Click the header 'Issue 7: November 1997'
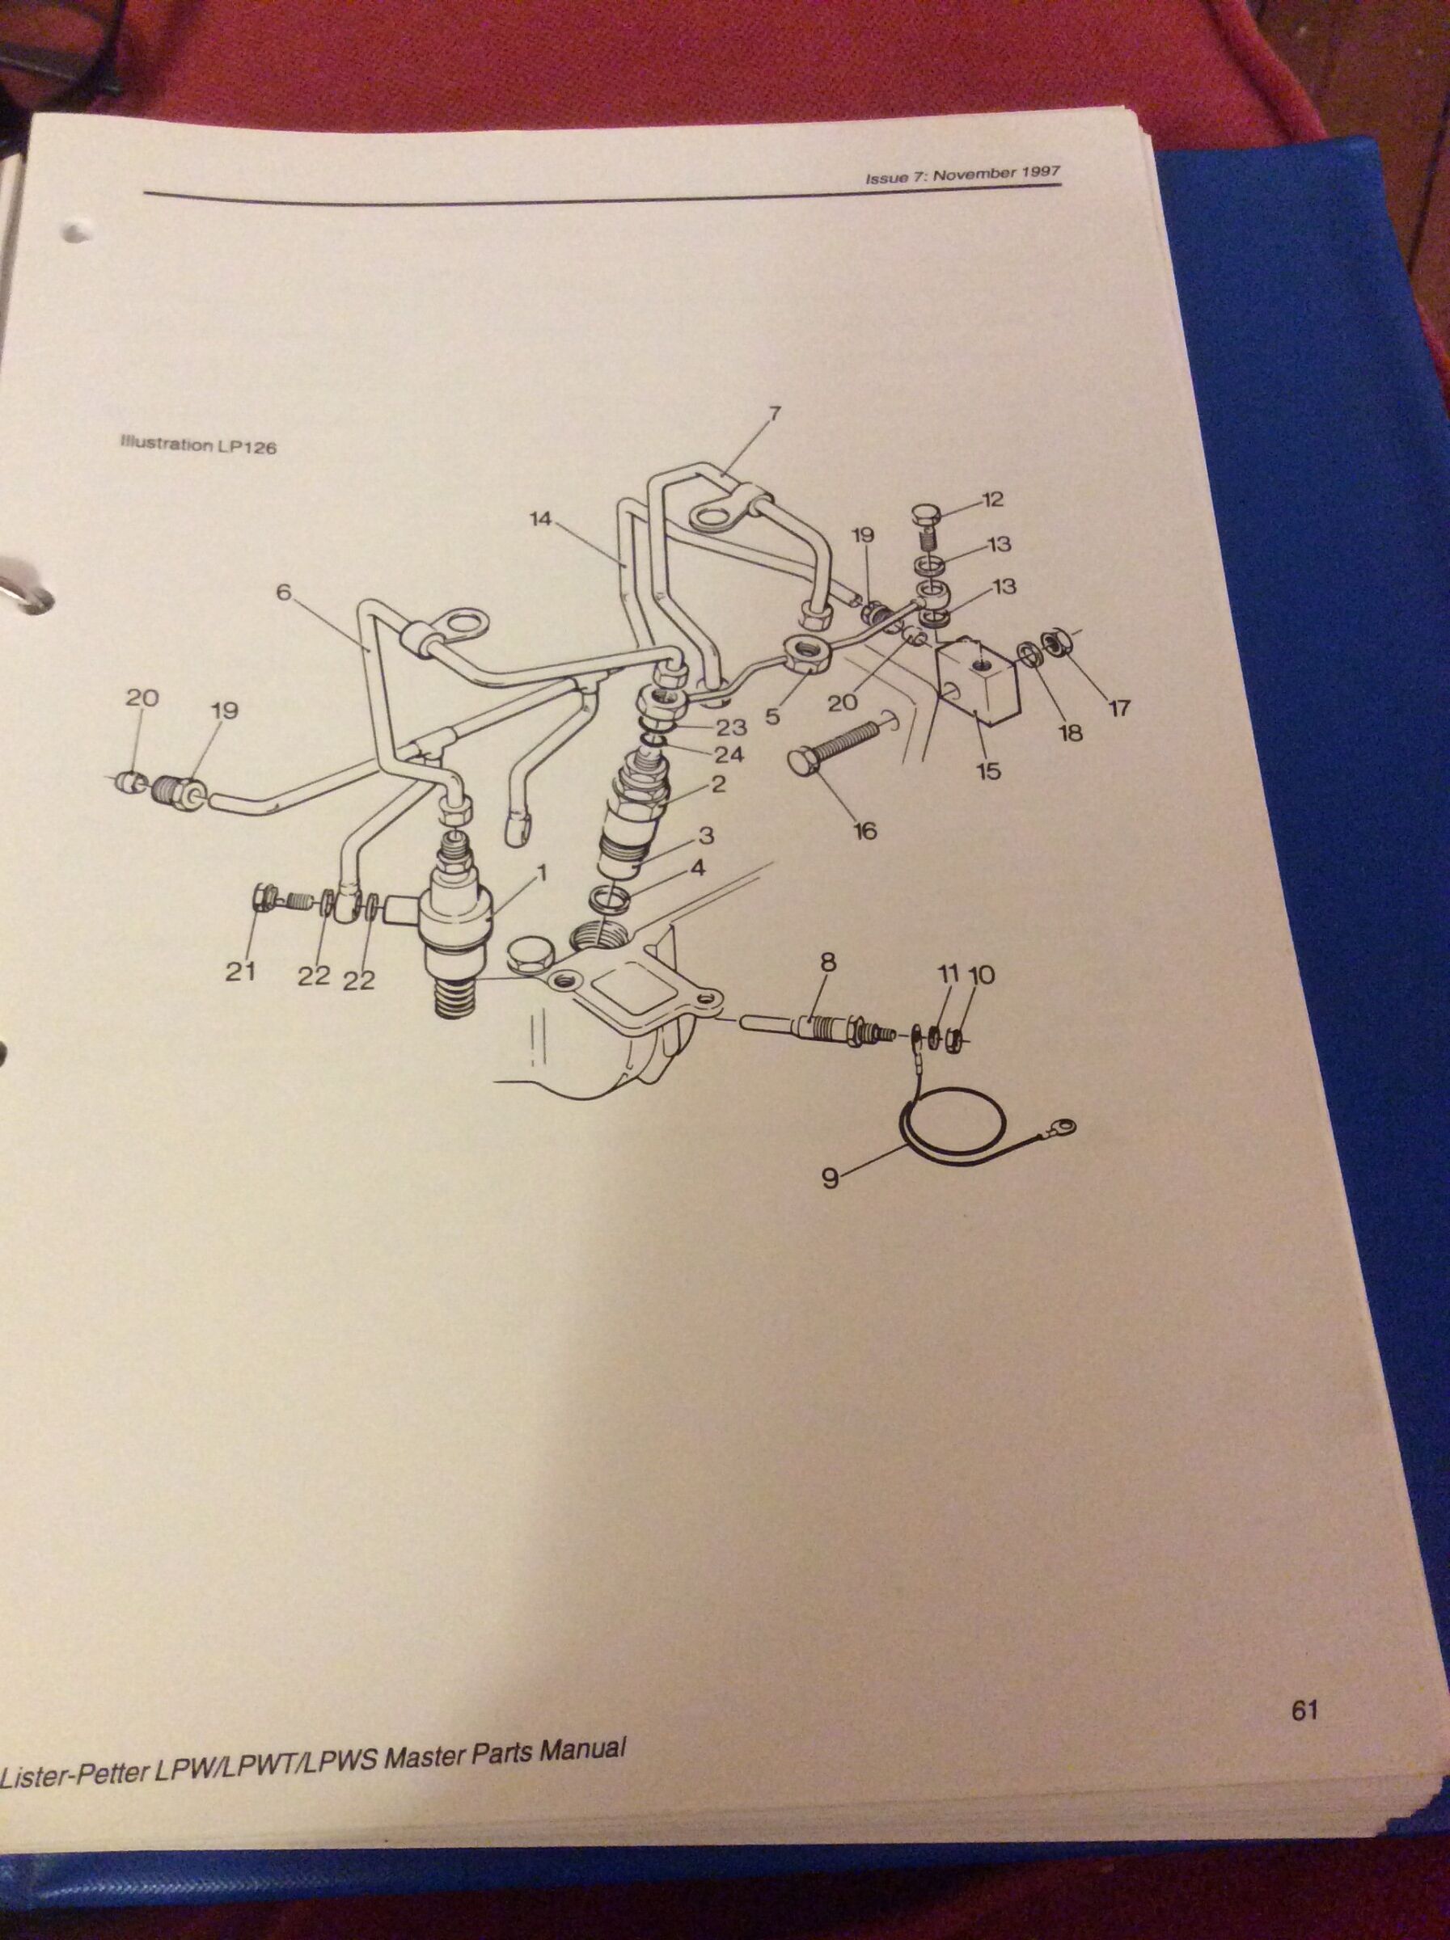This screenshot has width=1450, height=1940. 962,174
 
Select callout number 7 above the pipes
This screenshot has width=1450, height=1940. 774,413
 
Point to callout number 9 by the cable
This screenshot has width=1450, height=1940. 830,1179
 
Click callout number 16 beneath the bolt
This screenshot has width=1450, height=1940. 866,829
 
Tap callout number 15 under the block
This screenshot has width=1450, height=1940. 991,772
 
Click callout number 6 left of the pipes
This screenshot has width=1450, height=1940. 282,592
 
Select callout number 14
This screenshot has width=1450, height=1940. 540,519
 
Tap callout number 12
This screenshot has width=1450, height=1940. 992,500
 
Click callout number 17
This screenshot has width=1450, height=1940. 1119,707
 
